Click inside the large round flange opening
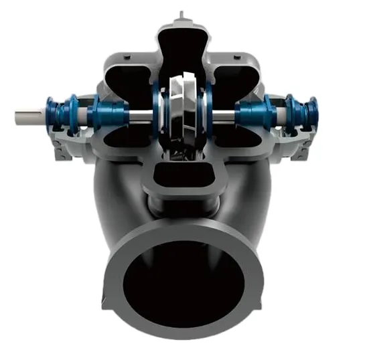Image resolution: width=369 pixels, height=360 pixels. [182, 288]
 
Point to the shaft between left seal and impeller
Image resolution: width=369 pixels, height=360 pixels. [137, 116]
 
